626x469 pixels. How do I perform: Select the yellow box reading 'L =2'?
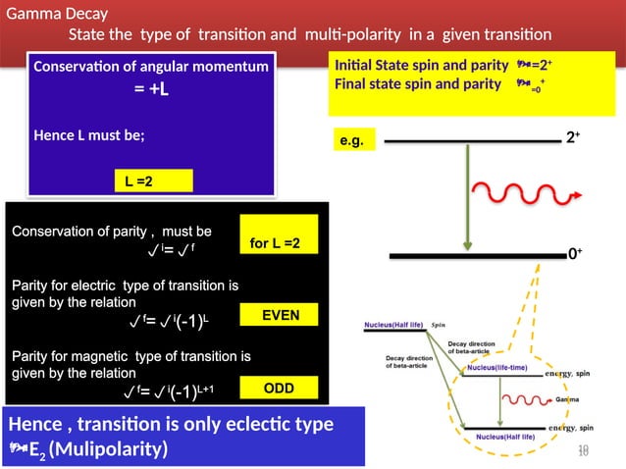coord(152,181)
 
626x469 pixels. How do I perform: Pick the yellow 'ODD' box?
coord(280,390)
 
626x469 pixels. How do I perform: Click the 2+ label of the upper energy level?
coord(572,139)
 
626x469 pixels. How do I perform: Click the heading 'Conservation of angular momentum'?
coord(151,67)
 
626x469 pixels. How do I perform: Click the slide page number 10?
coord(583,449)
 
